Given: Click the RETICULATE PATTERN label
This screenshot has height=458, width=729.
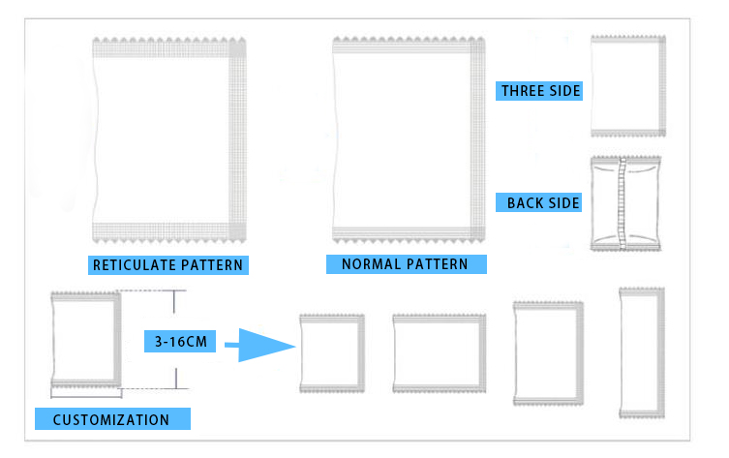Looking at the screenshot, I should pos(167,264).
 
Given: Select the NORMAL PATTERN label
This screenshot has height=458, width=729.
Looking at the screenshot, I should pos(407,263).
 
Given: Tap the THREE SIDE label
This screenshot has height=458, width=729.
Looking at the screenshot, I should pos(540,91).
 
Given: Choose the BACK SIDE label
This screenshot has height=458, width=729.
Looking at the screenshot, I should pos(543,203).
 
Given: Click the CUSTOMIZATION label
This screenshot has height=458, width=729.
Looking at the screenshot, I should pos(111,420).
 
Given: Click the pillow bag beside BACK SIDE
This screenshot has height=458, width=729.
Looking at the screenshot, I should pos(627,202).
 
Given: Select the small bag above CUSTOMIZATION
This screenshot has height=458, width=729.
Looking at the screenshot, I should pos(86,338).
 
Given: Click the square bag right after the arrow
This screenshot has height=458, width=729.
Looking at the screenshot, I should pos(332,353).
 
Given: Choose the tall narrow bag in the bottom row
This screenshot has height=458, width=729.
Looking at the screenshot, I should pos(641,351).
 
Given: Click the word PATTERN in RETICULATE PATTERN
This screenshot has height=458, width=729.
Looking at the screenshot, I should pos(209,264).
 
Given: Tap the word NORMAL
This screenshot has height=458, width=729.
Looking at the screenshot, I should pos(371,263).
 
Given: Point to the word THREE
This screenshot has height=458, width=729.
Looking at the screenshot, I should pos(521,91).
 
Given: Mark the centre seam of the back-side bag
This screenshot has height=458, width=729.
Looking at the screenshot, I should pos(621,202).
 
